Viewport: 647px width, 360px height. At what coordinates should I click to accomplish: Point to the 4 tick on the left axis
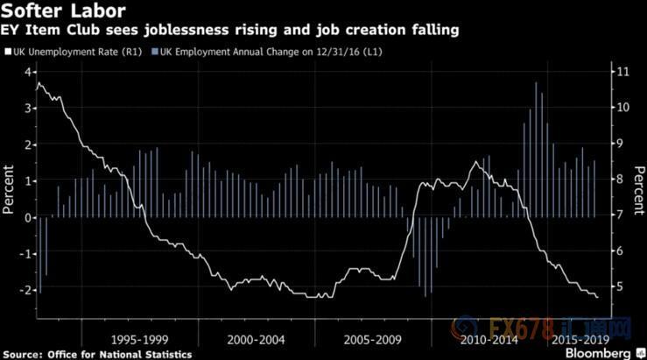click(29, 71)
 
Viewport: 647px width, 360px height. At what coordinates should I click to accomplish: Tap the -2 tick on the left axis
click(26, 290)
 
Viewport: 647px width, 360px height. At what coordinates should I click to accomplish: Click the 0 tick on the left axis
click(29, 217)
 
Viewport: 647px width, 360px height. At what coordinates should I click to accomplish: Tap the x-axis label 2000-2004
click(255, 339)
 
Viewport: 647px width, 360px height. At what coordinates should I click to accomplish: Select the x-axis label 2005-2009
click(372, 339)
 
